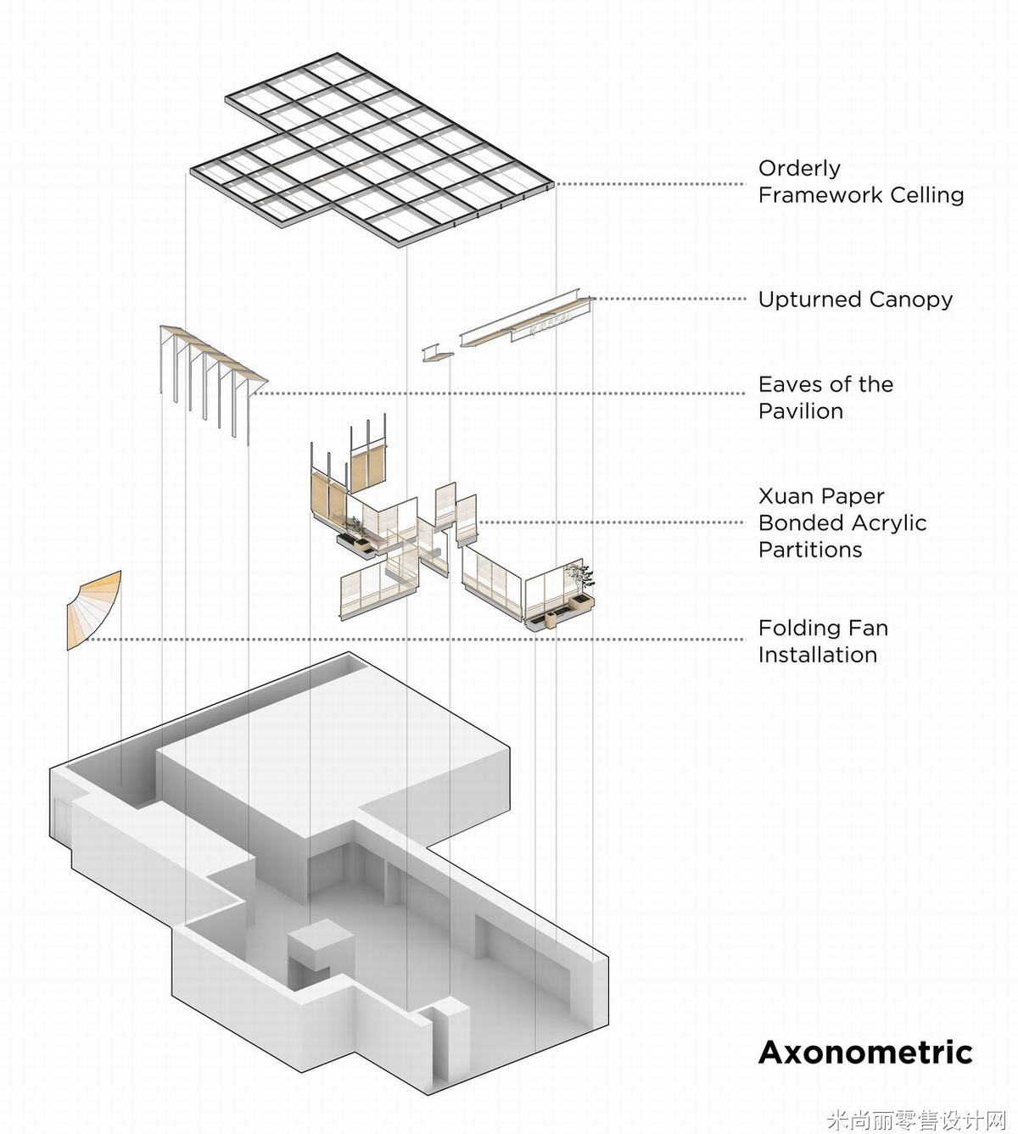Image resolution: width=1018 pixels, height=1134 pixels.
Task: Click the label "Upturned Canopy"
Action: tap(855, 299)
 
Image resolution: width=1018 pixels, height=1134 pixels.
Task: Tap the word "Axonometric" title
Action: tap(865, 1052)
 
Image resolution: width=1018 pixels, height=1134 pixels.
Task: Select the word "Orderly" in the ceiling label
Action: tap(799, 169)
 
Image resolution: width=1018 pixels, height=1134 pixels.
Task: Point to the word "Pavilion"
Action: tap(801, 411)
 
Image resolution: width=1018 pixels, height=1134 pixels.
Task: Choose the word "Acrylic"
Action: tap(885, 522)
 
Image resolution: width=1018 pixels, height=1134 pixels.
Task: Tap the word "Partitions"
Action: tap(810, 550)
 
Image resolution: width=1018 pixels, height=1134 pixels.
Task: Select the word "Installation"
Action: tap(818, 655)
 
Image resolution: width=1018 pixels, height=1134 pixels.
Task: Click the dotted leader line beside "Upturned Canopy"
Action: tap(670, 299)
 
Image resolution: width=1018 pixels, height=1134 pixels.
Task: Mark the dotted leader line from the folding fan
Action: tap(424, 640)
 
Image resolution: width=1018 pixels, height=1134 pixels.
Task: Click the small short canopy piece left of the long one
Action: tap(436, 352)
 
